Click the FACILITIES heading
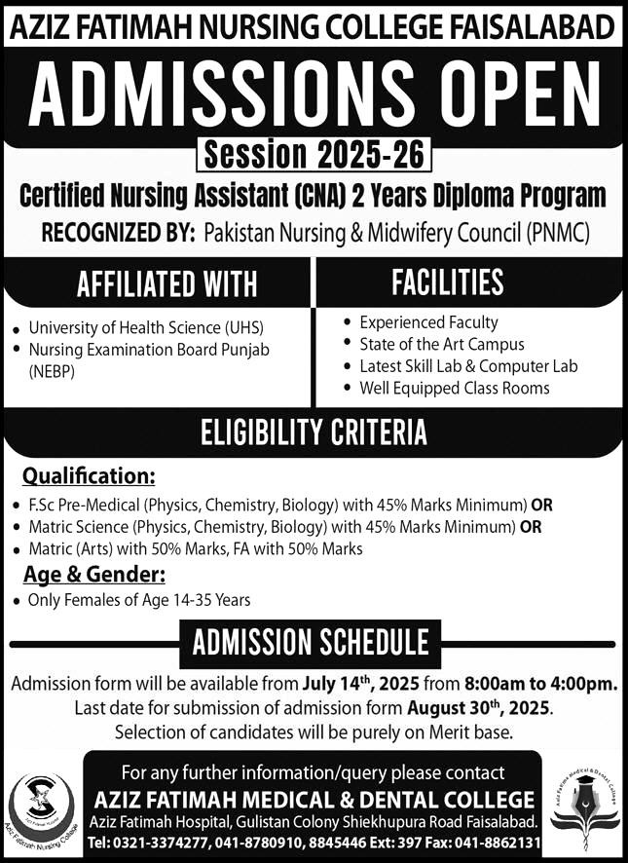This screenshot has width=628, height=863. coord(447,281)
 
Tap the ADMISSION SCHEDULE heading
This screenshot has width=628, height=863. coord(311,642)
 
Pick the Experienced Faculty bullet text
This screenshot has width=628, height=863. coord(428,321)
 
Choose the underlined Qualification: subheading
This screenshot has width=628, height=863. coord(89,477)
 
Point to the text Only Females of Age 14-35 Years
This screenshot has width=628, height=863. coord(139,600)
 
